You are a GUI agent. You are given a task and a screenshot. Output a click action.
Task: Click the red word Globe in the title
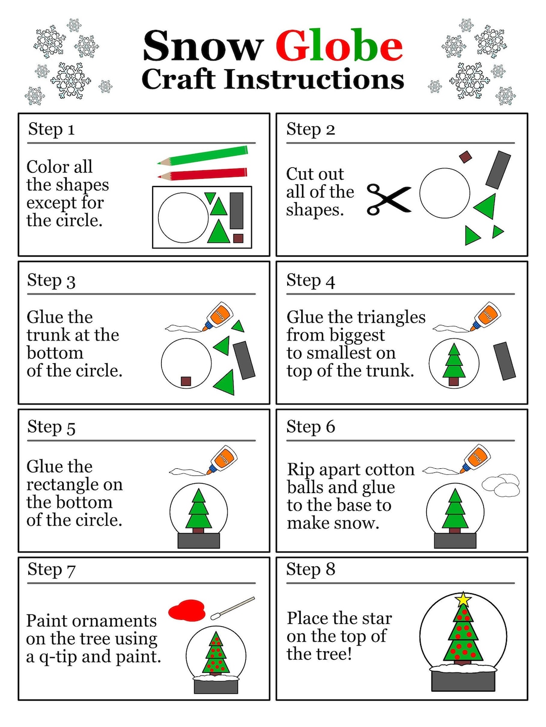[x=339, y=46]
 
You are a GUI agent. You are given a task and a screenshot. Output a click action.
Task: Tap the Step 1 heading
[x=51, y=129]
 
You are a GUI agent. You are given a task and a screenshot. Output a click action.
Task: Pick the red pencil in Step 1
[x=203, y=174]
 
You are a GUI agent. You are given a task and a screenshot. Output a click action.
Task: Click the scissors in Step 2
[x=388, y=199]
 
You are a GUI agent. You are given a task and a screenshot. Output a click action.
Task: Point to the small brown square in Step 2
[x=465, y=157]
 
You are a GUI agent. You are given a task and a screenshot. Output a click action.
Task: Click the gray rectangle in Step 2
[x=498, y=170]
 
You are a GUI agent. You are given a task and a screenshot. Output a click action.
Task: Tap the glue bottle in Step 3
[x=218, y=316]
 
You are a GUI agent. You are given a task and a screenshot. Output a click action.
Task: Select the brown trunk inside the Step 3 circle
[x=186, y=381]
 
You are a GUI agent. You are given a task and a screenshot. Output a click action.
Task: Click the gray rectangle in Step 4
[x=504, y=361]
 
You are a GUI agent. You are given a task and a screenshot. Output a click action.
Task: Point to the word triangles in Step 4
[x=395, y=317]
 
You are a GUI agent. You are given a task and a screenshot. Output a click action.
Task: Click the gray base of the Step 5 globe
[x=199, y=541]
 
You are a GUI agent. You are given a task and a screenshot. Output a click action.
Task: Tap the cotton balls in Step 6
[x=501, y=485]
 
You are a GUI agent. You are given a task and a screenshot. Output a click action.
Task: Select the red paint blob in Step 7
[x=187, y=610]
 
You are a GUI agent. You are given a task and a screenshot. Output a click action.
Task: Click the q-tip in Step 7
[x=232, y=607]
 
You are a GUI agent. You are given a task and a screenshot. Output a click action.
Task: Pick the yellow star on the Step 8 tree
[x=463, y=599]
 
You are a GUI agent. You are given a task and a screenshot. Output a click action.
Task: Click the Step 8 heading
[x=310, y=569]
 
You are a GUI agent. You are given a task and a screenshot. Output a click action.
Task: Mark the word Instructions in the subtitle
[x=314, y=80]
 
